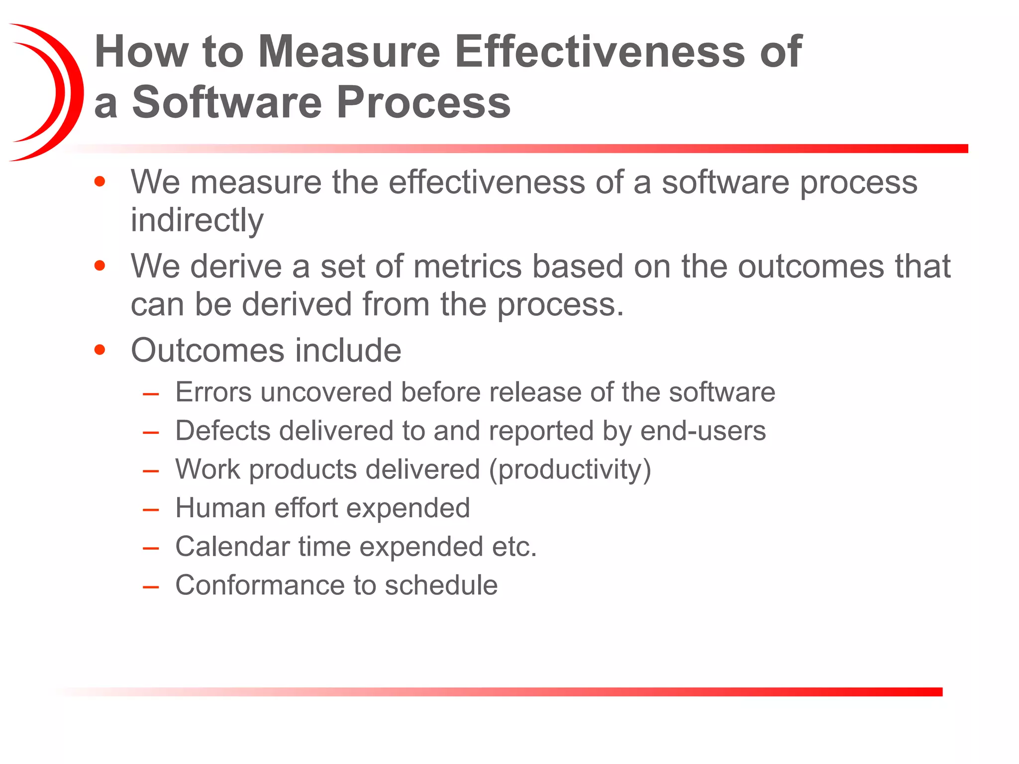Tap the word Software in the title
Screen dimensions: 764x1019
(x=227, y=102)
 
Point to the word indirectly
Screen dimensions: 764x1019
(x=197, y=220)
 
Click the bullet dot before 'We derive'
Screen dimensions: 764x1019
(x=100, y=266)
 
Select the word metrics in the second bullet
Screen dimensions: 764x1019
(x=467, y=266)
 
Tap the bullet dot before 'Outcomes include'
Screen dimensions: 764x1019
(x=100, y=350)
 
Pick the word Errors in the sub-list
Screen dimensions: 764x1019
(x=213, y=392)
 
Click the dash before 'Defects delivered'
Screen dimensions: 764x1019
(x=150, y=432)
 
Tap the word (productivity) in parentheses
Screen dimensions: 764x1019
(x=570, y=470)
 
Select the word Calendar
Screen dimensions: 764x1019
(x=232, y=547)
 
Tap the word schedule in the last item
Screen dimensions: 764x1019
(x=441, y=585)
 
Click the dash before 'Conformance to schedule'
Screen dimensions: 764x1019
(x=150, y=587)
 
